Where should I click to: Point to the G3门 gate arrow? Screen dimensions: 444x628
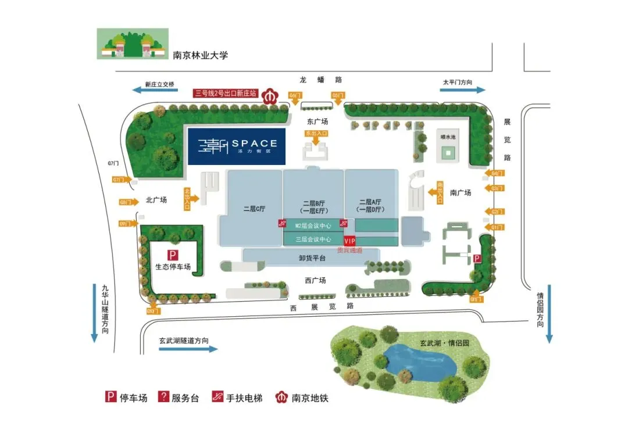pos(496,188)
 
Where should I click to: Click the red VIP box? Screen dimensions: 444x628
pos(349,241)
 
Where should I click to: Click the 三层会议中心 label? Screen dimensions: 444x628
pos(313,239)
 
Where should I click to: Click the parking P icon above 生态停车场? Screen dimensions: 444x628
pos(172,255)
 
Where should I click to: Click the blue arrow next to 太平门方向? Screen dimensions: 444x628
pos(463,89)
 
